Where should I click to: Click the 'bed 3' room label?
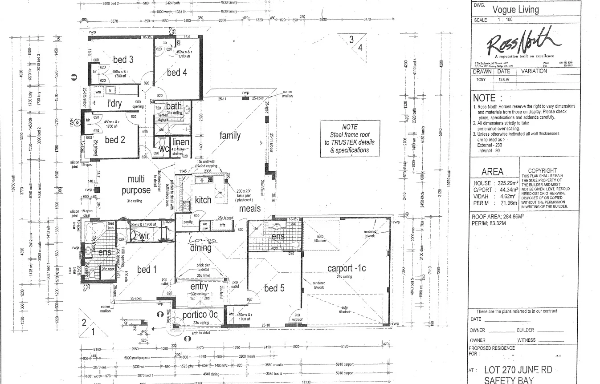[123, 59]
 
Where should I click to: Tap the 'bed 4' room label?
[177, 72]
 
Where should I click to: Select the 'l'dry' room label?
[114, 104]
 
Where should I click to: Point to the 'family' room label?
[230, 135]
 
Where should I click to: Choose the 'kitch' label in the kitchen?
[203, 200]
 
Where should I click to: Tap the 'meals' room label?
[250, 209]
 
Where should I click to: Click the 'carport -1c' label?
[347, 268]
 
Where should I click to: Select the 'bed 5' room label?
[274, 288]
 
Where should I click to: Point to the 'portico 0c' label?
[200, 315]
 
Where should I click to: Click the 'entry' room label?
[199, 287]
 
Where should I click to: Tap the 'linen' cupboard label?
[180, 142]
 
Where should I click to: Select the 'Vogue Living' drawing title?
[515, 9]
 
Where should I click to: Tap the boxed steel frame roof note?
[350, 138]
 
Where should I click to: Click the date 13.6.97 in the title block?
[504, 79]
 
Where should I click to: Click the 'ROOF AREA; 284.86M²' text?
[498, 217]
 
